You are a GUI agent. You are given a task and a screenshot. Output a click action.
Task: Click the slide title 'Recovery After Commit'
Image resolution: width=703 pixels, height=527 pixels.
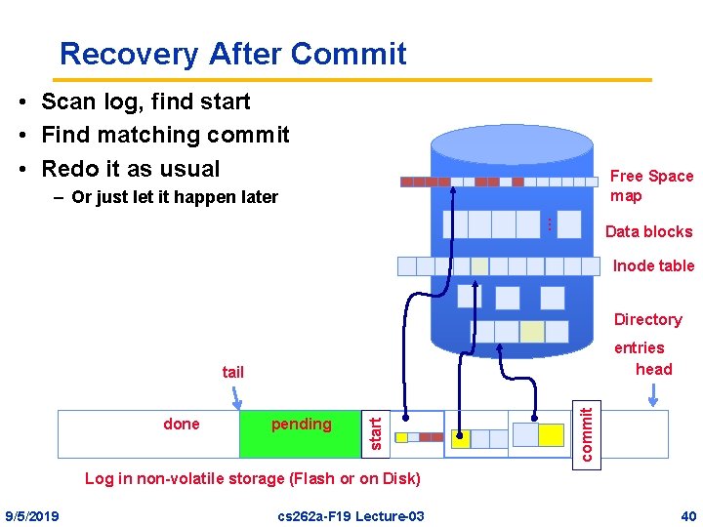pos(232,53)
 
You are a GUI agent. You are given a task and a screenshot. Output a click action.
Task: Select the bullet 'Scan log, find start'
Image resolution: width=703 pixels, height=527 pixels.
pos(145,101)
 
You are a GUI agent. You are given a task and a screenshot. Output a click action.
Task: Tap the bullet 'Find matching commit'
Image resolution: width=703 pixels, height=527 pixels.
pos(165,135)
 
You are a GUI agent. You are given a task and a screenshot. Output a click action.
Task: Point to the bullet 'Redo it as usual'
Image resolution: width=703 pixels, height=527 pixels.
pos(131,168)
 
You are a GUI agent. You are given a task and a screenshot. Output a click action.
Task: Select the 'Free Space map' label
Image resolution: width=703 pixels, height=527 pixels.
pos(651,185)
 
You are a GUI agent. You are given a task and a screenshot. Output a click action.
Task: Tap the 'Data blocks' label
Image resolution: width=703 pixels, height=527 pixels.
pos(648,231)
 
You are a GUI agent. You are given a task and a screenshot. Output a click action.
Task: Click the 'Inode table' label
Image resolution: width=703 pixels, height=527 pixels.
pos(653,265)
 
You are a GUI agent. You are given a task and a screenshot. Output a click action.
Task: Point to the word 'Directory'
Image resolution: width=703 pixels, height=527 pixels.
pos(647,319)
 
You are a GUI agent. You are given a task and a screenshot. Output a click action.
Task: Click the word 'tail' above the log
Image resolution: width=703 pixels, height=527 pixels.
pos(233,372)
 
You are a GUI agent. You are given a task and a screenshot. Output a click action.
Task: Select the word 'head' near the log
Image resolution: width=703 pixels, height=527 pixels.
pos(653,369)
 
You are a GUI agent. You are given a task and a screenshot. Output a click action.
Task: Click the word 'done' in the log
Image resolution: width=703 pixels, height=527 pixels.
pos(182,424)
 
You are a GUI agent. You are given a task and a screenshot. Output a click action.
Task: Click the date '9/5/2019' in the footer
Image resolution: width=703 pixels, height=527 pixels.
pos(32,515)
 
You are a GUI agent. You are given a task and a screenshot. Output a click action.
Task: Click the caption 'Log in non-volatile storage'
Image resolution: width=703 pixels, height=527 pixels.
pos(253,478)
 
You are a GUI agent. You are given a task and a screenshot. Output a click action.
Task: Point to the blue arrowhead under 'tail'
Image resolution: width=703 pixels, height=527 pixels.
pos(237,402)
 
